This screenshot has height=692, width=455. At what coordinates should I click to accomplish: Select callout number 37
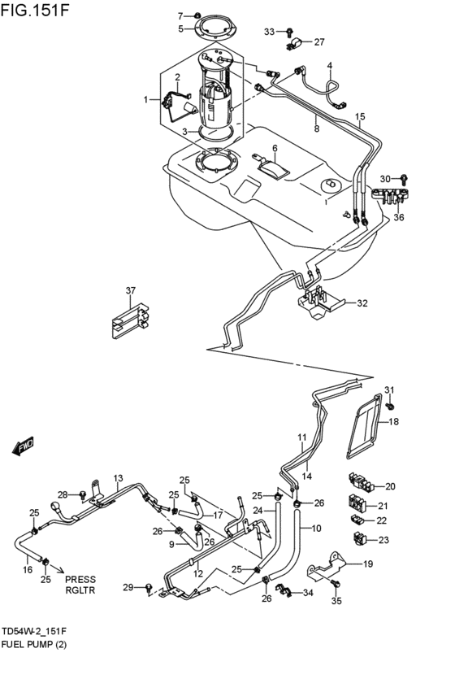click(x=130, y=290)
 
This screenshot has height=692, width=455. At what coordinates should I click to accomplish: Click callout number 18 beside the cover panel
click(x=393, y=422)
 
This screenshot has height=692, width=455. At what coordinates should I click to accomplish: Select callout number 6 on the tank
click(x=275, y=149)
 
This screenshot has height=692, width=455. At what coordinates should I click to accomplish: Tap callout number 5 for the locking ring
click(x=181, y=29)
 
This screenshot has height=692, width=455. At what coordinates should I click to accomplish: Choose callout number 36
click(x=398, y=218)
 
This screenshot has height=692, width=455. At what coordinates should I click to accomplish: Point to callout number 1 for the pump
click(x=147, y=100)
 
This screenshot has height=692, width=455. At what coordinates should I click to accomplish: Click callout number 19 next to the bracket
click(x=367, y=564)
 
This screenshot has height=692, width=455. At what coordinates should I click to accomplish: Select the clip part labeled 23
click(x=359, y=537)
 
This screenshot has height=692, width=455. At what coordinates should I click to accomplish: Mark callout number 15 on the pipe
click(x=359, y=117)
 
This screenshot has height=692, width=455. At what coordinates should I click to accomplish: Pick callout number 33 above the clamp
click(x=270, y=32)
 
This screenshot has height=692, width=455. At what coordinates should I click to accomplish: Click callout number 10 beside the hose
click(x=317, y=529)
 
